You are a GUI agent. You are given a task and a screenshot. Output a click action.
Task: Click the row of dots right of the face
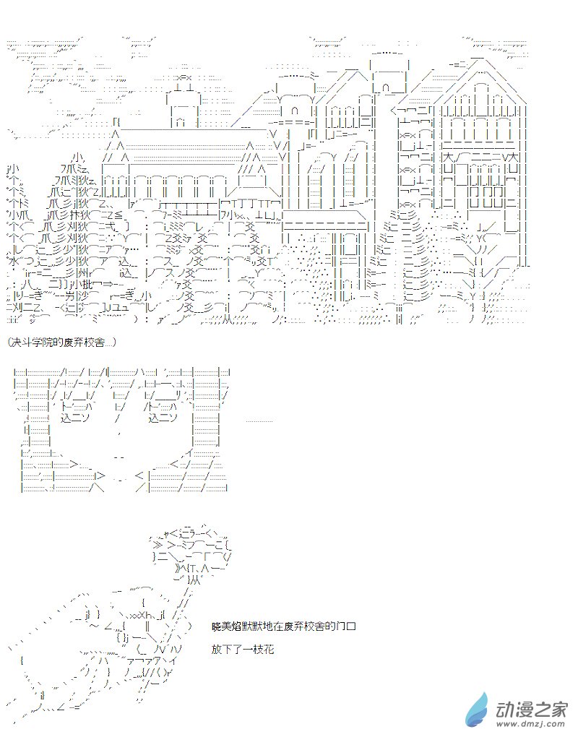[259, 421]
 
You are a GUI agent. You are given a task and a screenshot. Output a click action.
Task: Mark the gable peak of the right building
[478, 61]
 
